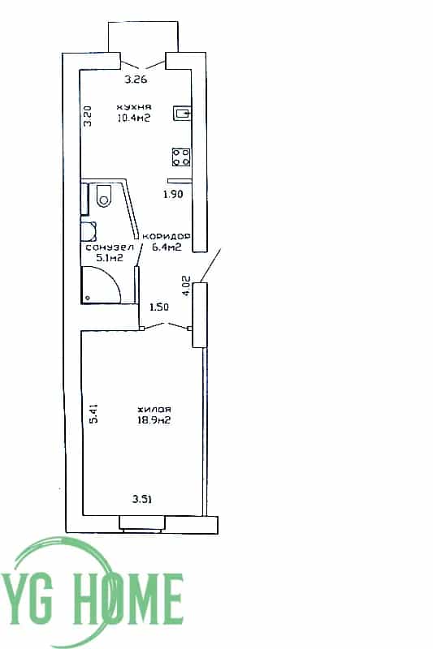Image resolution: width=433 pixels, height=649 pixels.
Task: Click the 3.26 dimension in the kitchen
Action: click(136, 80)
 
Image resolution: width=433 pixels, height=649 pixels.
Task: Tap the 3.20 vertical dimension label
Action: click(88, 116)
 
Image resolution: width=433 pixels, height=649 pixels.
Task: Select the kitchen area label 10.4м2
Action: click(133, 118)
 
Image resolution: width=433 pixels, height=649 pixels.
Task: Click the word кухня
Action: click(134, 107)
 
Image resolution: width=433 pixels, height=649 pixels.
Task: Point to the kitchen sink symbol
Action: click(182, 113)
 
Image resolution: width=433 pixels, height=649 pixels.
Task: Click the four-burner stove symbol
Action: click(181, 157)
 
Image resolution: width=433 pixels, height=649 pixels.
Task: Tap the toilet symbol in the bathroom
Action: click(104, 196)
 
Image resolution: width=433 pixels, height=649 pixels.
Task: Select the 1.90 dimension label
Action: click(173, 194)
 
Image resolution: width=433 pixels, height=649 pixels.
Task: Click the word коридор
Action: click(167, 236)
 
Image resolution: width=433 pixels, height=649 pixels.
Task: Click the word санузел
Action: click(110, 247)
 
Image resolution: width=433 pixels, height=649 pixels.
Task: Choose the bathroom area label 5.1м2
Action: click(110, 258)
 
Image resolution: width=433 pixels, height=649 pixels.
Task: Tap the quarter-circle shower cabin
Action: click(101, 285)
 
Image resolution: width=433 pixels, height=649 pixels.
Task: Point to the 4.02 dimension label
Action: click(186, 286)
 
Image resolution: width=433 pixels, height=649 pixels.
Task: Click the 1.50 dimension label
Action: click(159, 307)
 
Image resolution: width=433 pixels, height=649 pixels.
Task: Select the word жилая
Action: click(154, 410)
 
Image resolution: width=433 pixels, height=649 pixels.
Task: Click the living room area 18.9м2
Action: click(154, 420)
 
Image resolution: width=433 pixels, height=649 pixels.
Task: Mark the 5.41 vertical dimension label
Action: click(94, 414)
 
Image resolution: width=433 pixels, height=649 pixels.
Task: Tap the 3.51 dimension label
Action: click(141, 499)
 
